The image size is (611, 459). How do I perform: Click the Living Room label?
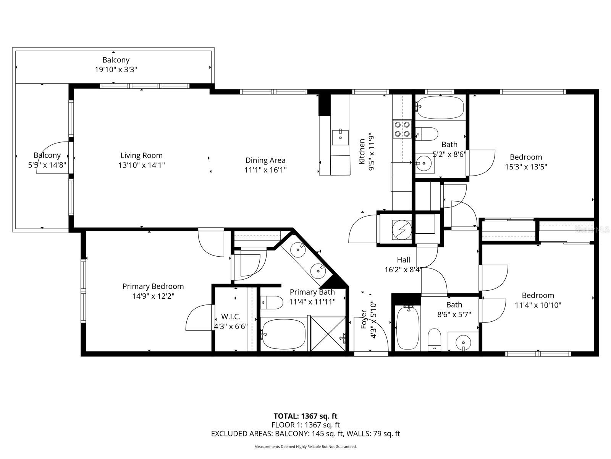click(141, 155)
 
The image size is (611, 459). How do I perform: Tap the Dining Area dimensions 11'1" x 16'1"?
click(265, 170)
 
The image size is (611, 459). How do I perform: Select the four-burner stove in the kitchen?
click(402, 129)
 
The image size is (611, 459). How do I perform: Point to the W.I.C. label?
click(231, 317)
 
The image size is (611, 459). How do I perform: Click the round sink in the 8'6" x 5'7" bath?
click(463, 341)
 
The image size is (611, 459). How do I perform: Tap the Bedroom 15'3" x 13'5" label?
click(526, 157)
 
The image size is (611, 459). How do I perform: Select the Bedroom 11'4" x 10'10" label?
click(538, 295)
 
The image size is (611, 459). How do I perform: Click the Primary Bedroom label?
click(153, 286)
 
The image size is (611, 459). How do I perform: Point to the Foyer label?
click(364, 319)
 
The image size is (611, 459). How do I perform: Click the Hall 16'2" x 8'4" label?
click(403, 260)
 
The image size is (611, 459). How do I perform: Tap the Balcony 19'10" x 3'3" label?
click(116, 60)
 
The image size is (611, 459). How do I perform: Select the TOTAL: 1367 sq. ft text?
click(305, 416)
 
